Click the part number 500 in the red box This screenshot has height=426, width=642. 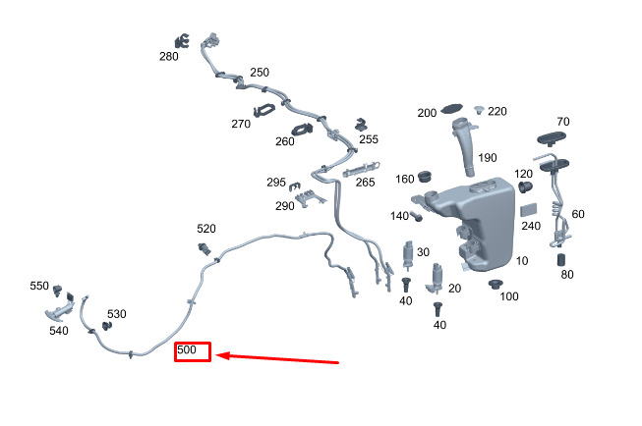coord(188,350)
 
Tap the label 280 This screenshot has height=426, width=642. coord(169,56)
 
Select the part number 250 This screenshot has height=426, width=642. coord(259,73)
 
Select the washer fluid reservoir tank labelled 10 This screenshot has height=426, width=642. coord(477,221)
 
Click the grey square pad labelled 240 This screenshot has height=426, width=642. coord(528,209)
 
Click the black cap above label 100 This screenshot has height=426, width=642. coord(496,285)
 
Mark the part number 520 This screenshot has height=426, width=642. coord(206,229)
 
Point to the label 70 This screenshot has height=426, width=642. coord(562,122)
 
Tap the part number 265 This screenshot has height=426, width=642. coord(365,183)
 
